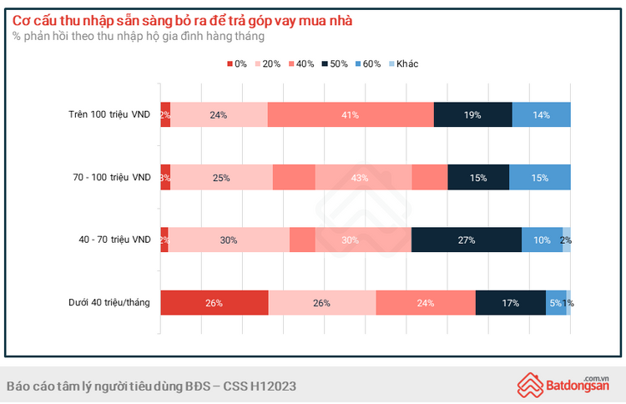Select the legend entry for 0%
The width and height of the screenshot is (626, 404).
[237, 64]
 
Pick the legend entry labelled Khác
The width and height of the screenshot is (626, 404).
[402, 64]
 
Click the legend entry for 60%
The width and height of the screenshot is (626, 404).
[366, 64]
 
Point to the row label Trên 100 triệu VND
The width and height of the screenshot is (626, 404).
[111, 114]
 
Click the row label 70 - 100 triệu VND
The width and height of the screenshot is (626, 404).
[113, 177]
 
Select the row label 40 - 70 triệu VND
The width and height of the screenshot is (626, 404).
[114, 240]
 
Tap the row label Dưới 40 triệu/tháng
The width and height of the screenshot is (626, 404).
[109, 302]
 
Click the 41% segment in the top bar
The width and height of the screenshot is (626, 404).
[351, 114]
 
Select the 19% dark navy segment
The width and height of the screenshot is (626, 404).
[472, 114]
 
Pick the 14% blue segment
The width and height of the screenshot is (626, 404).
[541, 114]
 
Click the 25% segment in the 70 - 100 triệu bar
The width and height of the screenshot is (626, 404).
[221, 177]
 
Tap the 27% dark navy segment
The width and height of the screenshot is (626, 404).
[467, 240]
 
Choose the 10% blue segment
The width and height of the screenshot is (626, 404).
[542, 240]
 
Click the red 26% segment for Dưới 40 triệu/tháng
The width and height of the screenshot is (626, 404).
[214, 302]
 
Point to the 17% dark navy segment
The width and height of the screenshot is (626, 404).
[511, 302]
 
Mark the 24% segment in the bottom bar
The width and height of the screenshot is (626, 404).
[426, 302]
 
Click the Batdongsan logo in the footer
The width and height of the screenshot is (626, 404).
[565, 384]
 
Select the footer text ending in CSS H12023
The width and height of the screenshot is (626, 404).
[151, 386]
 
